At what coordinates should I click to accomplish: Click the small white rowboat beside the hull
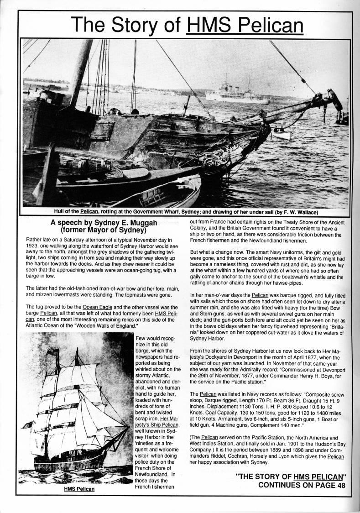[x=281, y=134]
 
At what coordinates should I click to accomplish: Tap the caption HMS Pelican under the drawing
[x=79, y=489]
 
